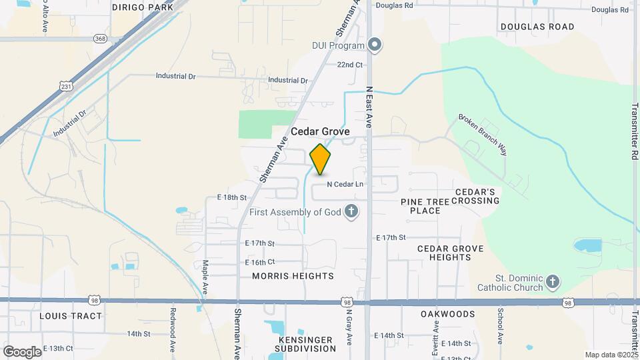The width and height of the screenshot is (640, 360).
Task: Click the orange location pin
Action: (321, 159)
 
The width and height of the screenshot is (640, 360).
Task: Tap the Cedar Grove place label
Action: (320, 132)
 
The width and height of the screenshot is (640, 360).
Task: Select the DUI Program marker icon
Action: (375, 45)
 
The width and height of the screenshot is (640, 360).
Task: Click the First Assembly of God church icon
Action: (351, 212)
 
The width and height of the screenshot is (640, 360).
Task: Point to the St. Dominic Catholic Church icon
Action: (552, 283)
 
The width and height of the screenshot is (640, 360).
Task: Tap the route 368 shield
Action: (100, 39)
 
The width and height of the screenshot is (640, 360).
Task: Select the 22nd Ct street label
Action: (349, 65)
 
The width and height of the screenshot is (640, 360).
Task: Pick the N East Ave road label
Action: (369, 107)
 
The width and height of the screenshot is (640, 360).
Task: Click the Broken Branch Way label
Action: (482, 135)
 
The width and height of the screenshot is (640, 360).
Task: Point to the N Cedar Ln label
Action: (345, 184)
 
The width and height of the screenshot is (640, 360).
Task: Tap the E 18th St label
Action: (232, 197)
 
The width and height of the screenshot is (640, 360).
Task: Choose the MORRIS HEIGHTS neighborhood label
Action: (293, 275)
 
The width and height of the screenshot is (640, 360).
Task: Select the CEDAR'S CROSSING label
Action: (477, 196)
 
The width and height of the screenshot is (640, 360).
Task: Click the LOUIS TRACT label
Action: (71, 315)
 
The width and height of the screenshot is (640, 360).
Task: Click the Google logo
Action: (22, 351)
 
